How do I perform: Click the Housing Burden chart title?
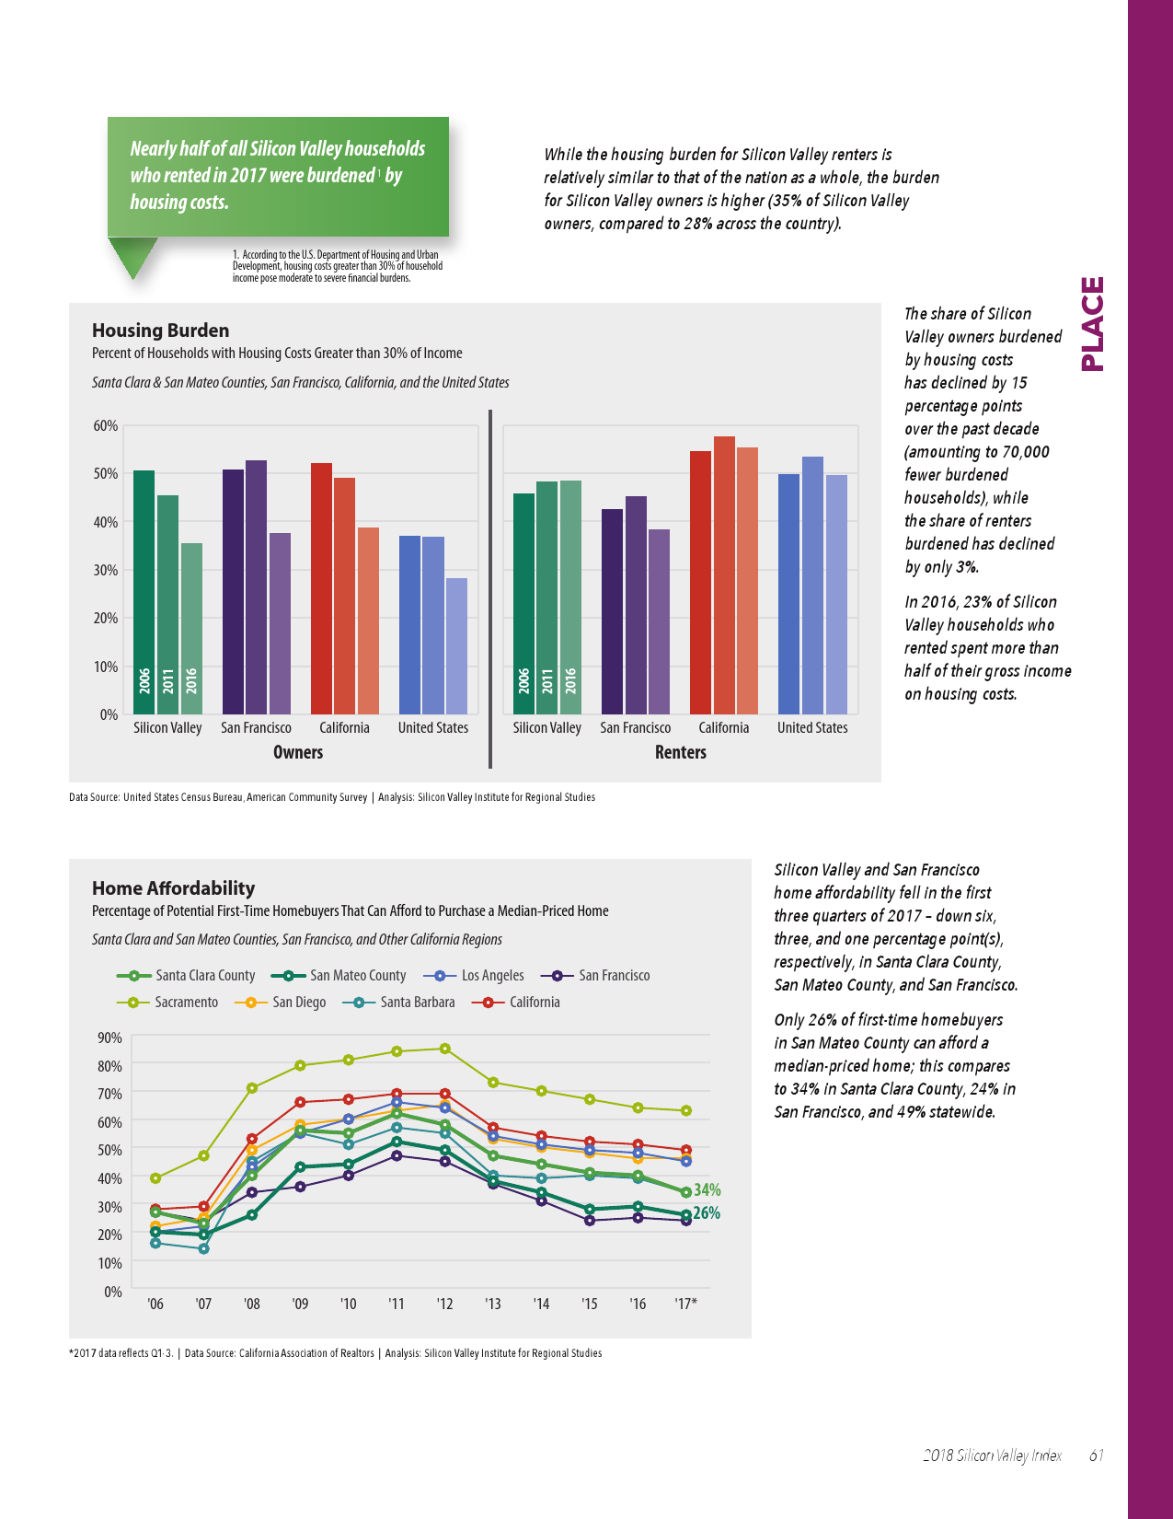[x=161, y=330]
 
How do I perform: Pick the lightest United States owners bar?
[x=456, y=645]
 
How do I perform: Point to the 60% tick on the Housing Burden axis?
[x=105, y=425]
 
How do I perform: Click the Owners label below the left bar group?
[x=298, y=752]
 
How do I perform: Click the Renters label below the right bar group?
[x=681, y=752]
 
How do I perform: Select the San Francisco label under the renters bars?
[x=636, y=727]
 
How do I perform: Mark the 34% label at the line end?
[x=707, y=1190]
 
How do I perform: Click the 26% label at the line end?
[x=707, y=1213]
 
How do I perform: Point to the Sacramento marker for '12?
[x=445, y=1049]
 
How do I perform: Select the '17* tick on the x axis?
[x=685, y=1304]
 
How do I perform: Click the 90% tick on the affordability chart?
[x=109, y=1038]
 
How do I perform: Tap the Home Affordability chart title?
[x=174, y=888]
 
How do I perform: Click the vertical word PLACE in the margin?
[x=1092, y=324]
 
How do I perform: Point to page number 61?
[x=1096, y=1455]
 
